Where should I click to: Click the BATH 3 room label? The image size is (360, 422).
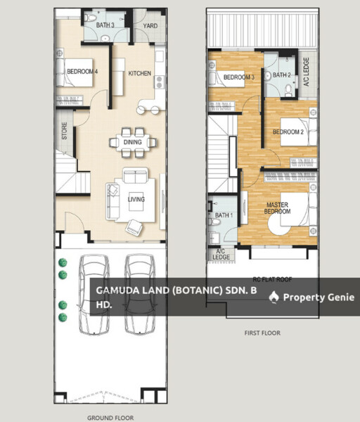tap(105, 25)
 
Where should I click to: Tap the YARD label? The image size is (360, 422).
tap(150, 26)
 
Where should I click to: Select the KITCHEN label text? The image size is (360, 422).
tap(139, 73)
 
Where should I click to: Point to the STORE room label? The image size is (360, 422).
tap(64, 131)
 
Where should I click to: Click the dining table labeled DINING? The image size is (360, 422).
tap(133, 142)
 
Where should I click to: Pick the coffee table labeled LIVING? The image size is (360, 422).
tap(136, 201)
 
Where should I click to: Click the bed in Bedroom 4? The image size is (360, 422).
tap(75, 72)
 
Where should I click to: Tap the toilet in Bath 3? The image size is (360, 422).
tap(91, 18)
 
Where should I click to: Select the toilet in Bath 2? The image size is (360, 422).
tap(288, 91)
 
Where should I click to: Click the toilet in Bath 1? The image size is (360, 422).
tap(214, 222)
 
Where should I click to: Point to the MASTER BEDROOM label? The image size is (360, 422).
tap(277, 208)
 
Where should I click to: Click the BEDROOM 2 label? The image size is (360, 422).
tap(288, 132)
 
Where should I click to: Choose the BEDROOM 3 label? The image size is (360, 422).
tap(238, 77)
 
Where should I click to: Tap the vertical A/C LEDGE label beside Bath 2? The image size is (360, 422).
tap(306, 72)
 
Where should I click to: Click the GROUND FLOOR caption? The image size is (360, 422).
tap(110, 418)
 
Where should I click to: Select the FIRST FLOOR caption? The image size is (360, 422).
tap(262, 333)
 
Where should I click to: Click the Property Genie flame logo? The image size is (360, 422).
tap(274, 297)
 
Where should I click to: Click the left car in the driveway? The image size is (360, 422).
tap(94, 295)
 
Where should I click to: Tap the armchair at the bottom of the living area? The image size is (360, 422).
tap(134, 227)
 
